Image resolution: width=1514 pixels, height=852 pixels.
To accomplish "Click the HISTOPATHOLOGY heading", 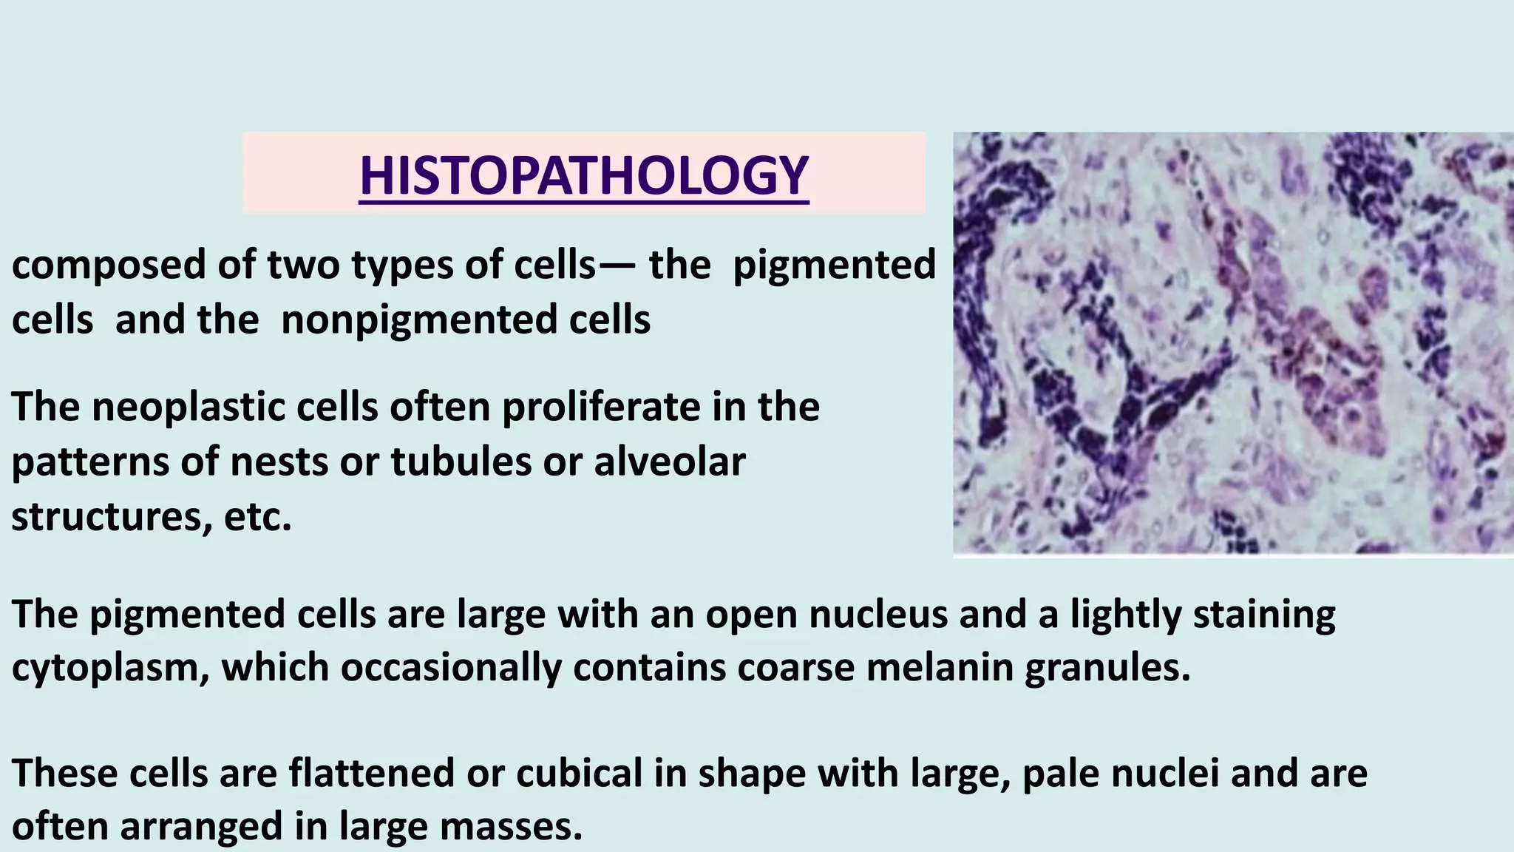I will point(583,176).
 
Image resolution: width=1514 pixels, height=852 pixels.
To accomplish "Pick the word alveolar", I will point(669,462).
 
